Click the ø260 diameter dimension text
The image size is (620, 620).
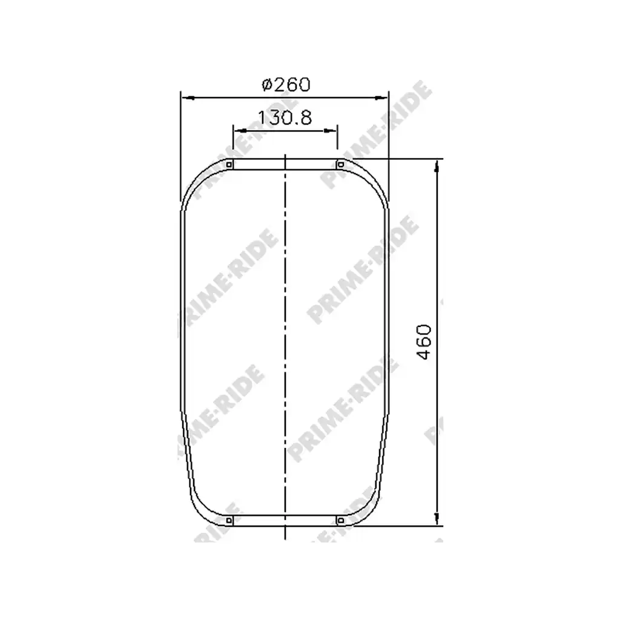[x=286, y=84]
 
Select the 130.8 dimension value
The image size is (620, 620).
[x=285, y=117]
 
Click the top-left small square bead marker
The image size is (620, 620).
[x=229, y=165]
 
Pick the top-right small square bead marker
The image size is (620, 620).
[x=340, y=165]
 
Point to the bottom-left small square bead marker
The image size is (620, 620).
[x=229, y=520]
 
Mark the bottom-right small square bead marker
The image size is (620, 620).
[x=340, y=520]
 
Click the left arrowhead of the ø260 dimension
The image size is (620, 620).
[x=188, y=97]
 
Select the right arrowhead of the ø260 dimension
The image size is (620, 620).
[x=381, y=97]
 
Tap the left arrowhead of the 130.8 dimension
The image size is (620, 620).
[x=240, y=131]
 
